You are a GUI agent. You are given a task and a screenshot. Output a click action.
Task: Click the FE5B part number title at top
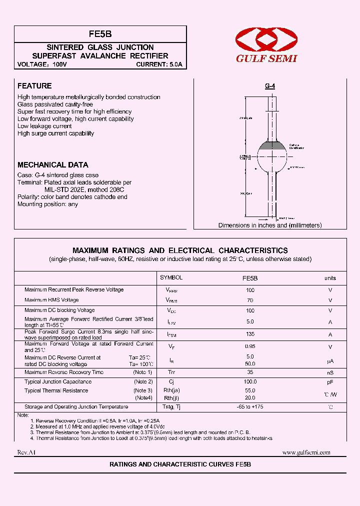(100, 34)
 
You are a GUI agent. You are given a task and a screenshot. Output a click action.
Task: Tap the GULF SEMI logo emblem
(266, 39)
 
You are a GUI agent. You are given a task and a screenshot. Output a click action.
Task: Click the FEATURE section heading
(34, 86)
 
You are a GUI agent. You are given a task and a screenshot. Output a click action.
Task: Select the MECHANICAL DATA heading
(52, 164)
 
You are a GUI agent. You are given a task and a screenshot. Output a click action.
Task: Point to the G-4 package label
(270, 86)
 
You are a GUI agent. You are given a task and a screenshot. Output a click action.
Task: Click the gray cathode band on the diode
(272, 145)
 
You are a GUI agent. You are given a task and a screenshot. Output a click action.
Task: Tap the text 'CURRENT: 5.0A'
(159, 64)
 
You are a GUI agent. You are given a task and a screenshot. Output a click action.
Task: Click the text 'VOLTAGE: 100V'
(42, 64)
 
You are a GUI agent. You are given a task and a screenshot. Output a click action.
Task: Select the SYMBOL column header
(171, 277)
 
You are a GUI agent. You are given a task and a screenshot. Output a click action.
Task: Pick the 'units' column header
(330, 278)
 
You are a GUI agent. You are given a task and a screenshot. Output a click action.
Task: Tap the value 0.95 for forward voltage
(250, 346)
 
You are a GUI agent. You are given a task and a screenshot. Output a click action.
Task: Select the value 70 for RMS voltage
(250, 300)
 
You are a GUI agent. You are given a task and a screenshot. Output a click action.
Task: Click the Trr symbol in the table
(171, 372)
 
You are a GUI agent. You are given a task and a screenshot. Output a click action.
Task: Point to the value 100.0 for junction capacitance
(250, 381)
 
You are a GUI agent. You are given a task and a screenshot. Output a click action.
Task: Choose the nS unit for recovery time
(330, 372)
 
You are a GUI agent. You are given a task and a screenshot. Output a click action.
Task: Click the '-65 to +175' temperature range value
(250, 407)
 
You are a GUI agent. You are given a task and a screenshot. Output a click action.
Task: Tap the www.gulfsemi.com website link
(306, 452)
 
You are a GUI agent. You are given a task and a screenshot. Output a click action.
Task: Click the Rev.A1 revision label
(27, 452)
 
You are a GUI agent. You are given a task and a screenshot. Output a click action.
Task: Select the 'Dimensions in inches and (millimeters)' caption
(270, 225)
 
